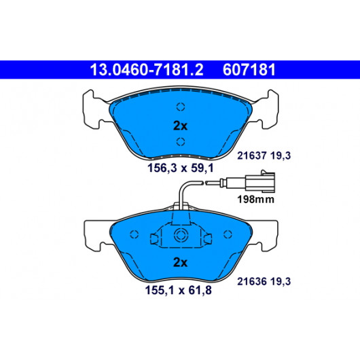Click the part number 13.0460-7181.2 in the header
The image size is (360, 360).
tap(147, 69)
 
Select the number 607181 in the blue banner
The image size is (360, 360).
tap(249, 69)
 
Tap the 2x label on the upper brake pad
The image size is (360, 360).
tap(180, 126)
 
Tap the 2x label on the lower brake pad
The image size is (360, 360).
tap(180, 262)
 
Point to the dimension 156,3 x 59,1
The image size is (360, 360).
tap(181, 168)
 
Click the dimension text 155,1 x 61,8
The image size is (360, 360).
tap(179, 290)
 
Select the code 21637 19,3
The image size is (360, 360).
tap(264, 156)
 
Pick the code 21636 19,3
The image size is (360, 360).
tap(264, 281)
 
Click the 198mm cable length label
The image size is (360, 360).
tap(256, 199)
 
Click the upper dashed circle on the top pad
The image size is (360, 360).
tap(181, 107)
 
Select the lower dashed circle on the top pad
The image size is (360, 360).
tap(181, 142)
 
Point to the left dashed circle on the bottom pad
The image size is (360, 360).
tap(134, 234)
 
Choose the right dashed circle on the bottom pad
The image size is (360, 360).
tap(228, 234)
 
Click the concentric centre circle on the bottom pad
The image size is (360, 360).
tap(181, 235)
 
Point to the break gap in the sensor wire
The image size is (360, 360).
tap(204, 183)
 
